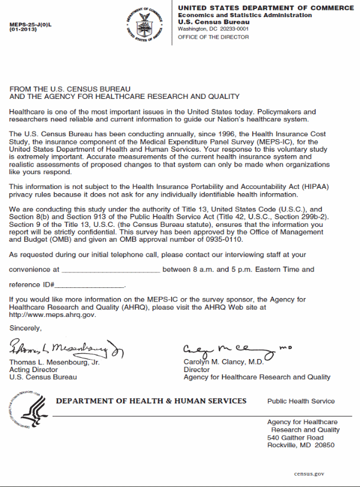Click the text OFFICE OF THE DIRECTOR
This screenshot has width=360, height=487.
click(x=213, y=37)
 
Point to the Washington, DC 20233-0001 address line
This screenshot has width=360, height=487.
click(x=213, y=28)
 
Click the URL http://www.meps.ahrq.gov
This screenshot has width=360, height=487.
click(x=53, y=315)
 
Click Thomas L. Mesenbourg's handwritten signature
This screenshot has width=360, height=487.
click(x=65, y=349)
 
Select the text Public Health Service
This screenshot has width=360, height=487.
click(x=301, y=401)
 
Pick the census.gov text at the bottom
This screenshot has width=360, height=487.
click(x=309, y=474)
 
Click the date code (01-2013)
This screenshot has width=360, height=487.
click(x=23, y=30)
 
